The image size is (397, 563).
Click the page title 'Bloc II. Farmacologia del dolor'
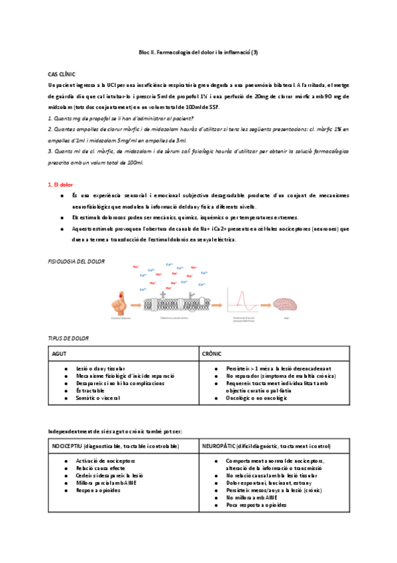point(198,52)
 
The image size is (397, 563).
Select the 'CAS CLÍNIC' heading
point(62,76)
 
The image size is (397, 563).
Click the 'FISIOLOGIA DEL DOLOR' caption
point(77,262)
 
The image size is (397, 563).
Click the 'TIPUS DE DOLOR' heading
point(69,338)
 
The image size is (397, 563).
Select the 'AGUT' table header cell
point(60,354)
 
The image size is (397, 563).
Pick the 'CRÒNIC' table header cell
point(212,354)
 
